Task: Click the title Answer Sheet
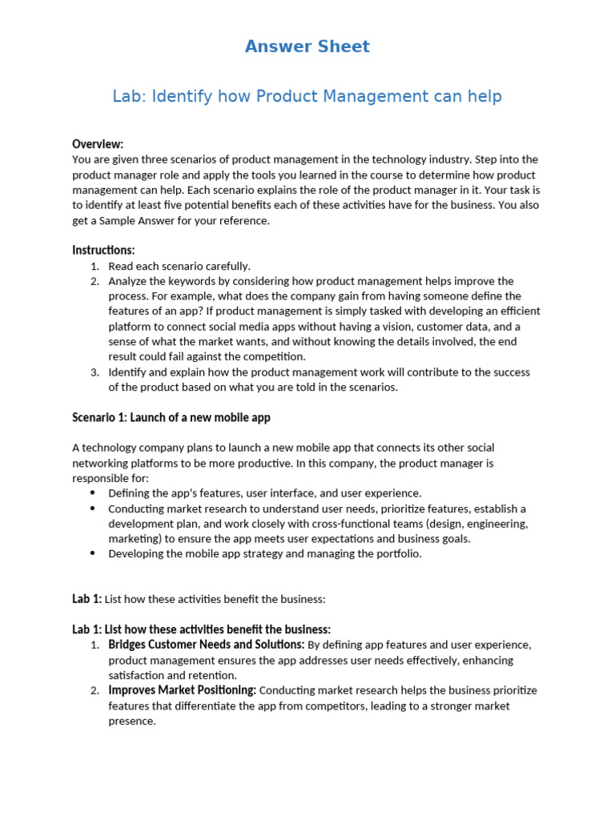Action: (x=307, y=46)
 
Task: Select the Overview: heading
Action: (x=98, y=144)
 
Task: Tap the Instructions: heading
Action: (x=103, y=250)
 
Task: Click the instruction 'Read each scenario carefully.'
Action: (x=179, y=266)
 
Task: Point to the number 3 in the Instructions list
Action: (x=94, y=372)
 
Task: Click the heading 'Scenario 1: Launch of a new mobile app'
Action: (x=171, y=417)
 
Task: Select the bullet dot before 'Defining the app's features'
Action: (x=94, y=493)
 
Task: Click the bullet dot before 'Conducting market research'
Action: (x=94, y=508)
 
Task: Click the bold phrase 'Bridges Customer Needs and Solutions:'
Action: (x=206, y=645)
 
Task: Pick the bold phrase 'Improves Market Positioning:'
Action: (x=182, y=690)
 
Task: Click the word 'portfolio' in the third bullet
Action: (x=398, y=554)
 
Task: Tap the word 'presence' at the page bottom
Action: (x=131, y=721)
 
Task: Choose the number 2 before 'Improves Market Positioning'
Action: (x=94, y=690)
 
